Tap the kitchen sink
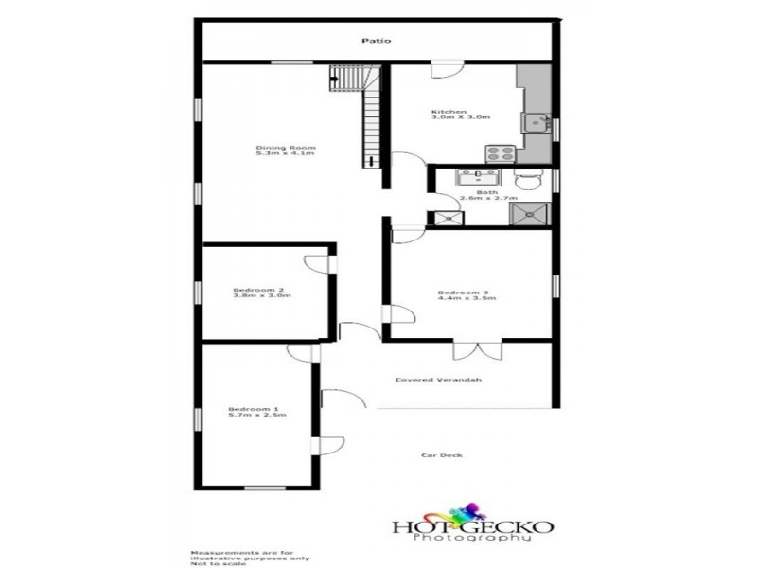click(x=537, y=121)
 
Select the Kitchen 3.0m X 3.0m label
click(x=461, y=115)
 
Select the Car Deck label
click(x=442, y=456)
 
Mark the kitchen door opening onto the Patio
click(x=445, y=70)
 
